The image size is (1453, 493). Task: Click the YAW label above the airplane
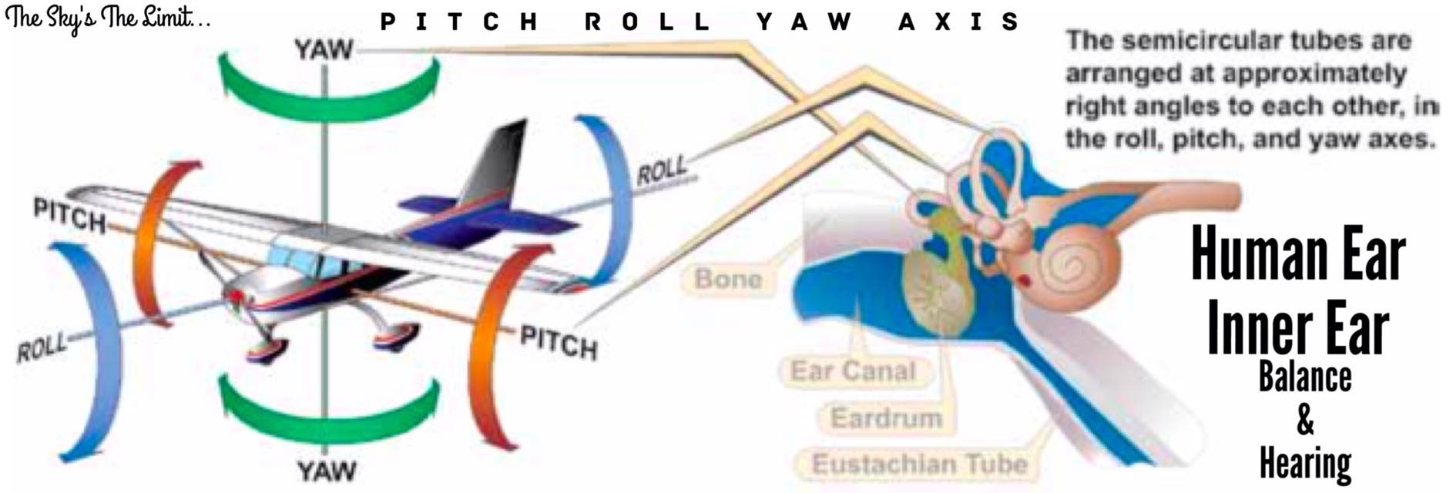324,51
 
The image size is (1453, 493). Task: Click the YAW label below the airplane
327,469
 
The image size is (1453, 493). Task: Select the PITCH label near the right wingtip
559,341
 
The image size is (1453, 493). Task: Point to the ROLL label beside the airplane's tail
661,170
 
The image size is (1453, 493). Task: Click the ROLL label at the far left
41,348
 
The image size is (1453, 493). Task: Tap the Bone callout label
728,278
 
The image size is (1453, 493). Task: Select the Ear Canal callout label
853,371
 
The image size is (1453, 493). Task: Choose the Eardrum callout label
886,418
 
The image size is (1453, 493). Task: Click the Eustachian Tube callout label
920,464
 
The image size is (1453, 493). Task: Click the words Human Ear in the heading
1298,257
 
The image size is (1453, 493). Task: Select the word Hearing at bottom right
1305,463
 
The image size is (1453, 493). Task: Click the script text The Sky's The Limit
108,17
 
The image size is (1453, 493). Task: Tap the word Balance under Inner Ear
1305,377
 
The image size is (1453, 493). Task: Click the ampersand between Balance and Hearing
1305,421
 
